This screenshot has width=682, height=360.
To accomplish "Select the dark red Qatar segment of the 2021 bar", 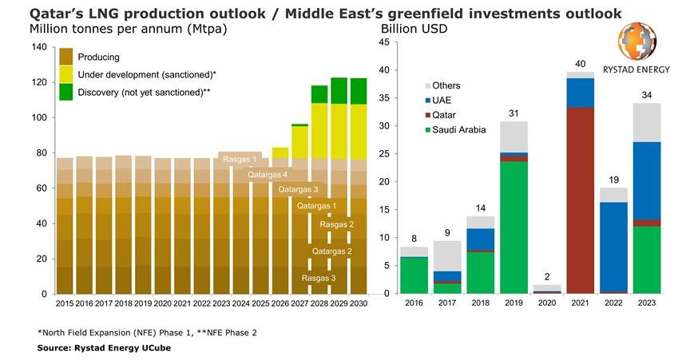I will [581, 200].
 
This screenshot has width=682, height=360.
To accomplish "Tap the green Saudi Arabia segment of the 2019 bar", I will [514, 227].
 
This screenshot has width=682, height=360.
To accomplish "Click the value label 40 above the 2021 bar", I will [581, 64].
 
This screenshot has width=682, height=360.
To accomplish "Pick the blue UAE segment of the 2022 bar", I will [613, 247].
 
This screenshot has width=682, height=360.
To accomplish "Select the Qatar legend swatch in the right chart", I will [426, 114].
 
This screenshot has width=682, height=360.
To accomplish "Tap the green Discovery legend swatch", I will [66, 91].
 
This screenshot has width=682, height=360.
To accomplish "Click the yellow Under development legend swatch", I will [66, 74].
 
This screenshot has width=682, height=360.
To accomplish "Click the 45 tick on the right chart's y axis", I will [383, 42].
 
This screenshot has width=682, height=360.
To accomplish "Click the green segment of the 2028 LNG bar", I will [319, 94].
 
